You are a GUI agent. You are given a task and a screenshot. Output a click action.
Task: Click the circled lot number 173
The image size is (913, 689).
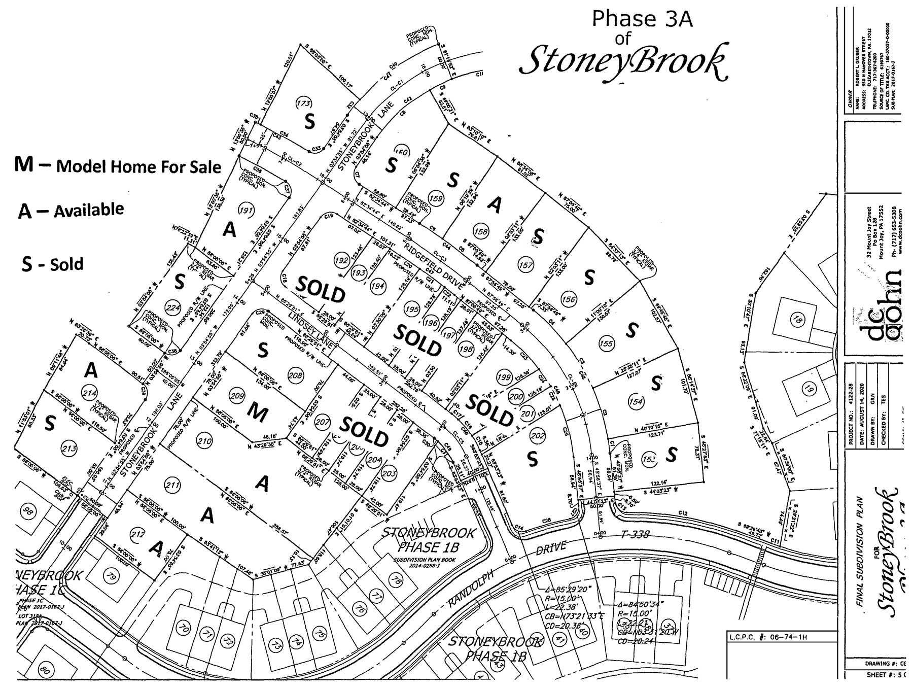(303, 104)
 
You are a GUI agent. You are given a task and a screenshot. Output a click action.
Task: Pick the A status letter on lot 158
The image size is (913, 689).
(495, 204)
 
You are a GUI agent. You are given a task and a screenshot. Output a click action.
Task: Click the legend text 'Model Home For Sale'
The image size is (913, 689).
(138, 166)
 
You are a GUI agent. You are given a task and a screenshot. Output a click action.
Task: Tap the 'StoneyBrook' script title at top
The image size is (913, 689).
(622, 62)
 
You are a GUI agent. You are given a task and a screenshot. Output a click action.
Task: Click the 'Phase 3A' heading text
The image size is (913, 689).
(642, 19)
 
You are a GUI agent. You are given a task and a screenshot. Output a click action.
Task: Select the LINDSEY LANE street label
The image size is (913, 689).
(310, 330)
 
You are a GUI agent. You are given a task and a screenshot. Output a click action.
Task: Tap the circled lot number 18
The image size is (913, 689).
(798, 320)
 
